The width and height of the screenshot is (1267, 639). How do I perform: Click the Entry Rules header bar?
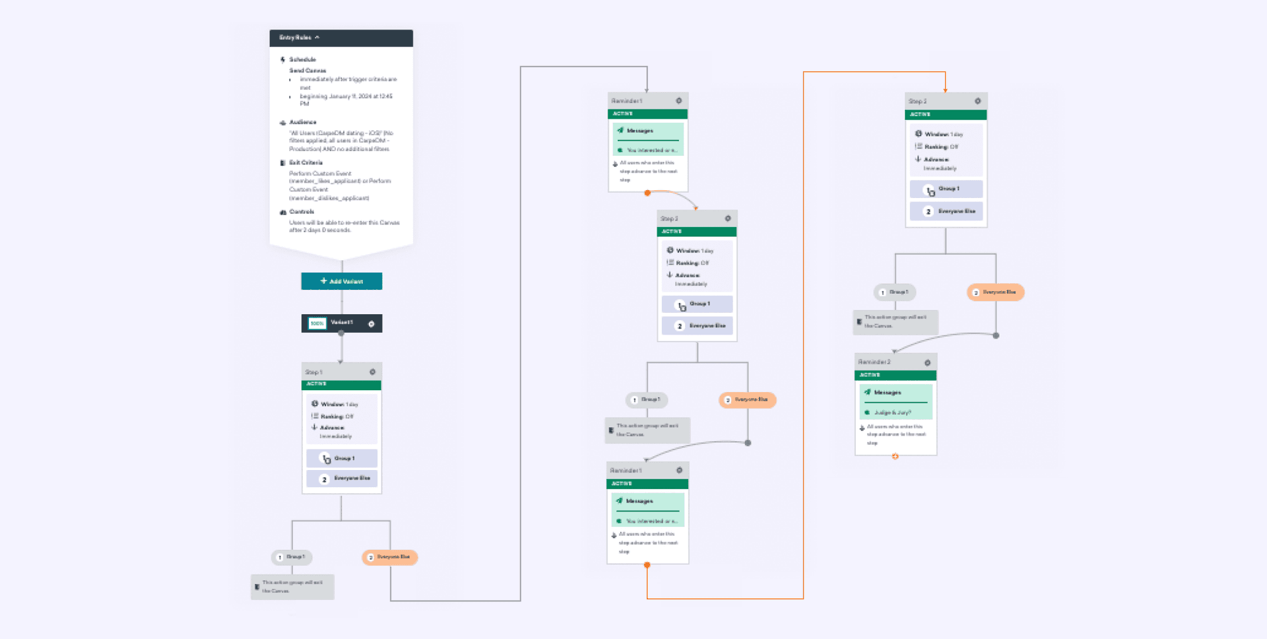[x=341, y=38]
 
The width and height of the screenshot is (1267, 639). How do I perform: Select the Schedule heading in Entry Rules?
[x=302, y=59]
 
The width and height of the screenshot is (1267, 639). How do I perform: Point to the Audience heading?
[x=302, y=122]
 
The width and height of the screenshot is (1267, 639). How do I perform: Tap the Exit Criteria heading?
[x=306, y=162]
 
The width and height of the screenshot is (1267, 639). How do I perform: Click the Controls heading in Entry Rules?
[x=302, y=212]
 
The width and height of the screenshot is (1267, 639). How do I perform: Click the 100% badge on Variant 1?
[x=317, y=323]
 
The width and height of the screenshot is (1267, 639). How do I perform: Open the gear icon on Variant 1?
[x=372, y=323]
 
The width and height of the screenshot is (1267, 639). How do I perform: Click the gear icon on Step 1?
[x=372, y=372]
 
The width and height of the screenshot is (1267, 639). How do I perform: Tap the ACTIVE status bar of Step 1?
[x=341, y=384]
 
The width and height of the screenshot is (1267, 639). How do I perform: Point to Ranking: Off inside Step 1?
[x=337, y=417]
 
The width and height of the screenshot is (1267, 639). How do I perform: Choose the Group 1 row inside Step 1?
[x=342, y=458]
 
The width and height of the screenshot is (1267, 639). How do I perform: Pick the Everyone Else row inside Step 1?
[x=342, y=479]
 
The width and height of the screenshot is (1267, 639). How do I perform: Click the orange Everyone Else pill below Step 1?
[x=390, y=557]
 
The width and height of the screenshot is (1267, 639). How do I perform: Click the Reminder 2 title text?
[x=874, y=362]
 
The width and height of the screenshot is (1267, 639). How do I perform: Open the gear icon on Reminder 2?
[x=927, y=362]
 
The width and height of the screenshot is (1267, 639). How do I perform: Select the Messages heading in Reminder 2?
[x=887, y=393]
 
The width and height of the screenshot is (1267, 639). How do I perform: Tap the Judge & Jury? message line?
[x=892, y=413]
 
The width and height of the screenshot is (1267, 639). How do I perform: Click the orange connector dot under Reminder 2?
[x=895, y=456]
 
